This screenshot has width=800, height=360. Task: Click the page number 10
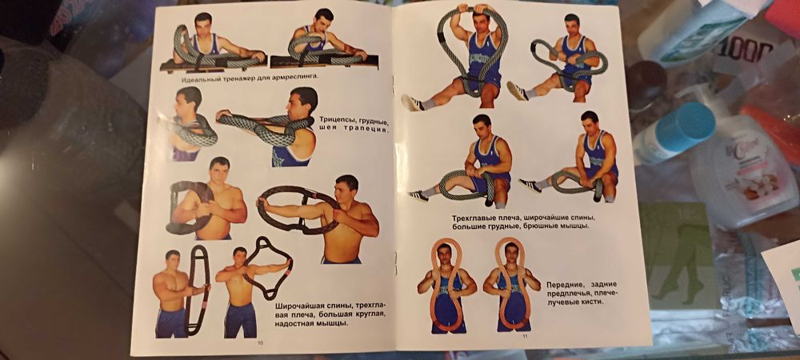pyautogui.click(x=261, y=342)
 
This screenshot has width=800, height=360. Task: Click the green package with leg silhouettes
pyautogui.click(x=679, y=256)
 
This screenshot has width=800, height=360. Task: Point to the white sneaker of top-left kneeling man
pyautogui.click(x=412, y=102)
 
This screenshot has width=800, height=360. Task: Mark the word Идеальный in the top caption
pyautogui.click(x=197, y=77)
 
